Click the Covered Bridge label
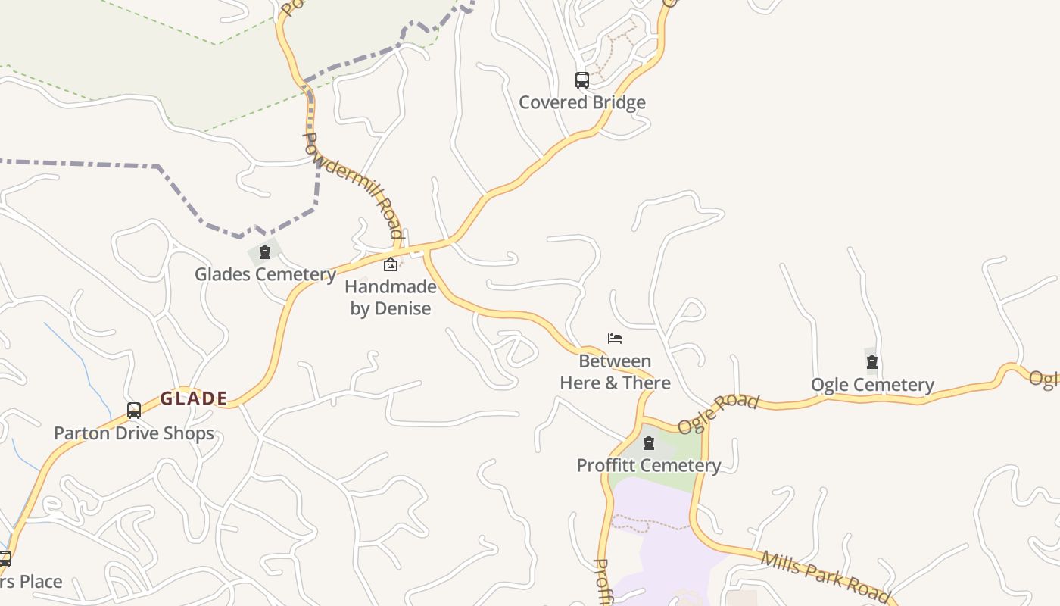[x=581, y=102]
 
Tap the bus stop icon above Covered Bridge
[x=581, y=80]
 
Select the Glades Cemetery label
[x=265, y=274]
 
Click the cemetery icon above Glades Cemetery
[x=265, y=252]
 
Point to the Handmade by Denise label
[x=391, y=298]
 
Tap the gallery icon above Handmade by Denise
[x=391, y=264]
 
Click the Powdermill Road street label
[x=354, y=185]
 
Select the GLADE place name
[x=194, y=398]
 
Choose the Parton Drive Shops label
[x=134, y=433]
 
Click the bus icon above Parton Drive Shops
[x=134, y=411]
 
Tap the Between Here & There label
[x=615, y=372]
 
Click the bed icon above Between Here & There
[x=615, y=339]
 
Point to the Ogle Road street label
[x=718, y=414]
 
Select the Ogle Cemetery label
[x=872, y=385]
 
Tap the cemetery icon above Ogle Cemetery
[x=872, y=362]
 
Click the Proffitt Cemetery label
[x=649, y=465]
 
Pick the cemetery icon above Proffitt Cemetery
[x=649, y=443]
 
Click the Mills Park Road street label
[x=825, y=574]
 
